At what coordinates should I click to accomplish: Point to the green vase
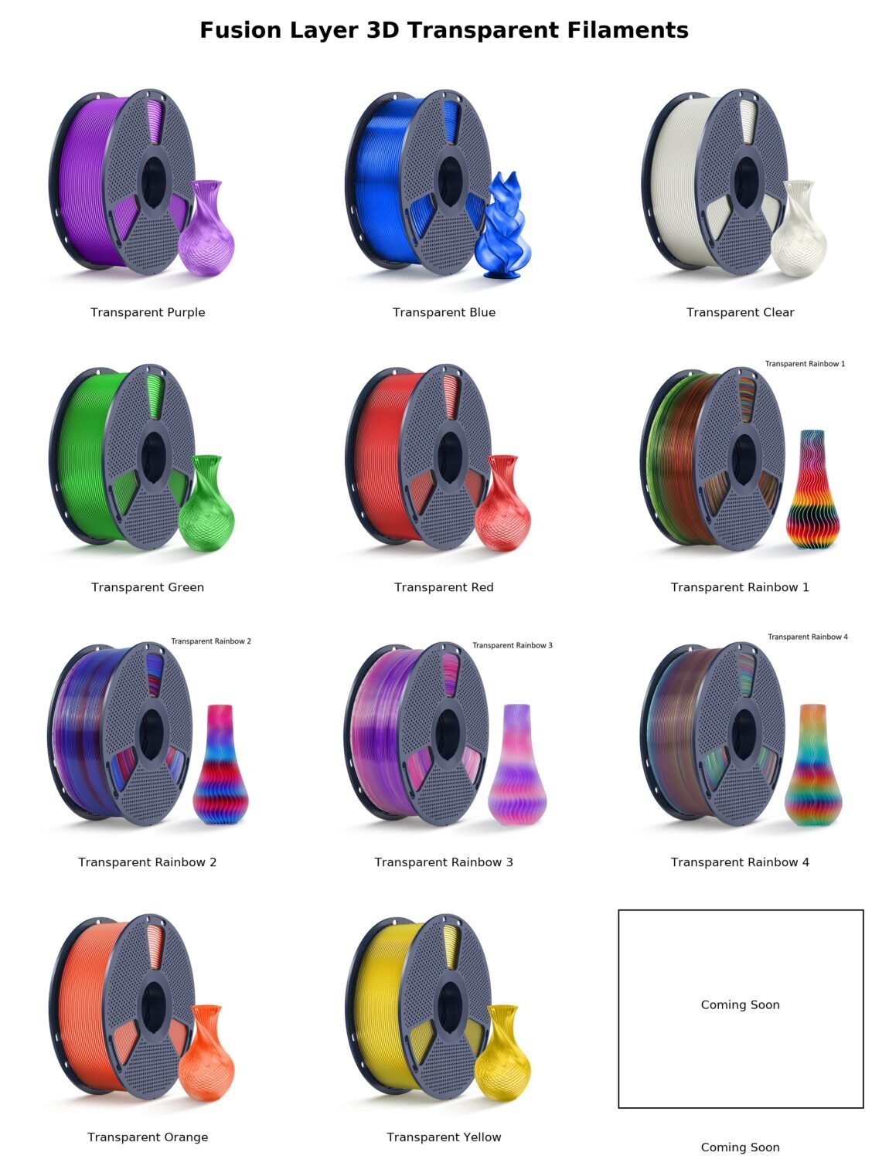pyautogui.click(x=206, y=503)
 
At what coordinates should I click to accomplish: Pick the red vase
pyautogui.click(x=502, y=503)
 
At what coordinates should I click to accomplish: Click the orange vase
pyautogui.click(x=206, y=1053)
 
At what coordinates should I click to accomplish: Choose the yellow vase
pyautogui.click(x=502, y=1053)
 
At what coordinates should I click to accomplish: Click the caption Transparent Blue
pyautogui.click(x=444, y=313)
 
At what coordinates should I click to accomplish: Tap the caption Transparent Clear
pyautogui.click(x=740, y=313)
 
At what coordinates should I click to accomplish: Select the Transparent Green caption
pyautogui.click(x=148, y=587)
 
